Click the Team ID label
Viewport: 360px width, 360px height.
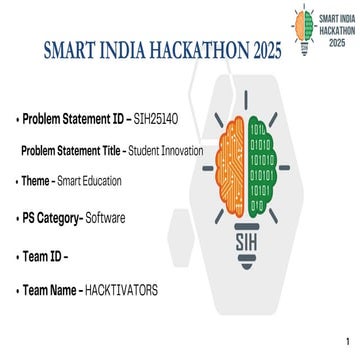click(43, 256)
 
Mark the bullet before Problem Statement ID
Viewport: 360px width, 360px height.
click(17, 119)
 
